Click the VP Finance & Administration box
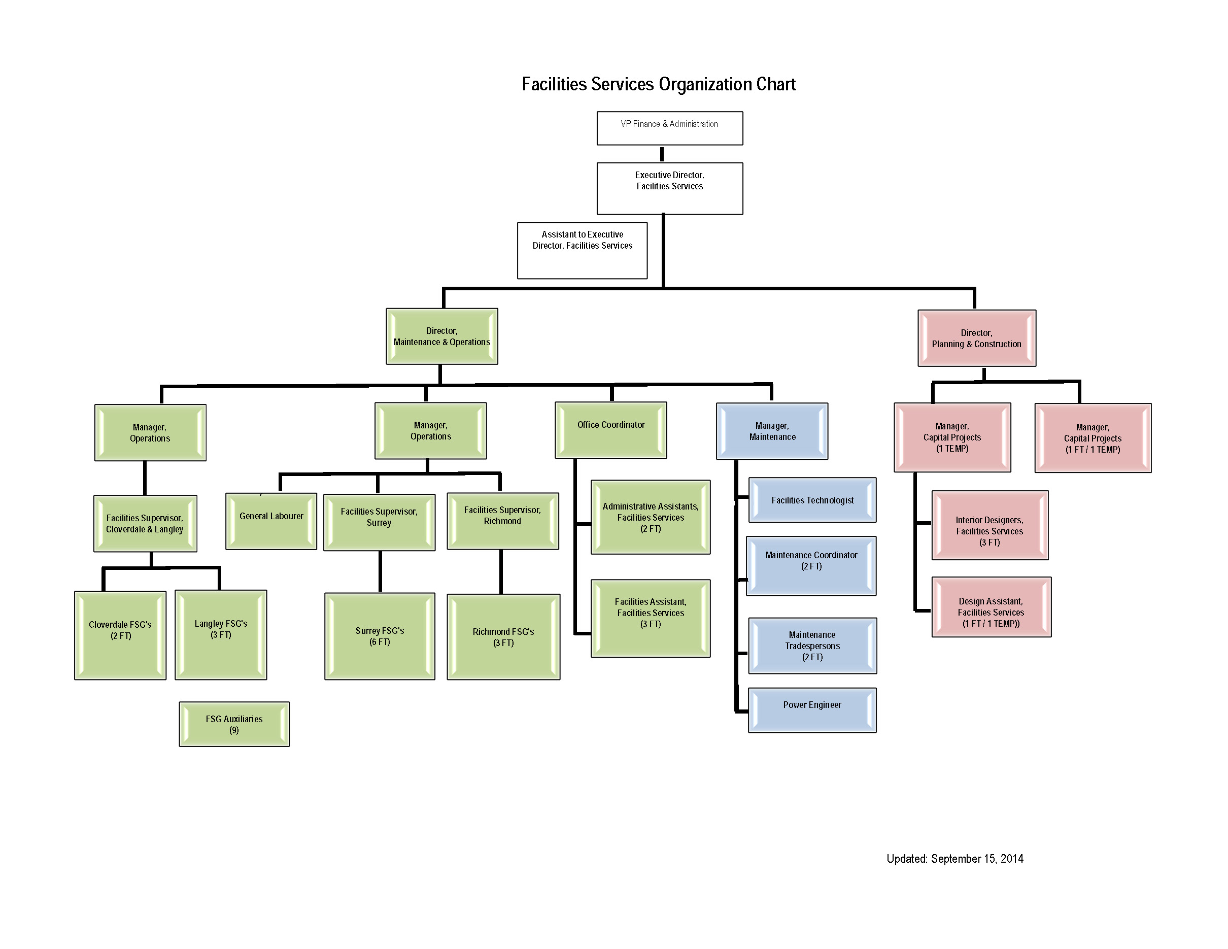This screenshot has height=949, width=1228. pyautogui.click(x=669, y=128)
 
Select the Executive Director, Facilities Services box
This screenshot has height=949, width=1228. pyautogui.click(x=669, y=188)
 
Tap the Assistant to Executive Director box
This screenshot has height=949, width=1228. pyautogui.click(x=582, y=250)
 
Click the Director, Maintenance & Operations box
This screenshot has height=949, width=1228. pyautogui.click(x=441, y=336)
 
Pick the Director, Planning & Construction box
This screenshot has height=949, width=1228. pyautogui.click(x=977, y=338)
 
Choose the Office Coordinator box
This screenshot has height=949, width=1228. pyautogui.click(x=610, y=430)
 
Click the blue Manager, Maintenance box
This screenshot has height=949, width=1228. pyautogui.click(x=772, y=431)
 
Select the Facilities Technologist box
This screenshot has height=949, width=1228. pyautogui.click(x=812, y=500)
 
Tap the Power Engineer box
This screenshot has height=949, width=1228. pyautogui.click(x=812, y=710)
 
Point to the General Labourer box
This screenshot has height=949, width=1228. pyautogui.click(x=271, y=521)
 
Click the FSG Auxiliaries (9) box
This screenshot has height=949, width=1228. pyautogui.click(x=234, y=724)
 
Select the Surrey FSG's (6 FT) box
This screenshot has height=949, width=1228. pyautogui.click(x=380, y=636)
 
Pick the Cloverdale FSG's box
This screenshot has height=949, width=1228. pyautogui.click(x=120, y=635)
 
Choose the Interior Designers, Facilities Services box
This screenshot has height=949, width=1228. pyautogui.click(x=990, y=525)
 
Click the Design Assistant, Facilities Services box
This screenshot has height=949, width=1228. pyautogui.click(x=992, y=607)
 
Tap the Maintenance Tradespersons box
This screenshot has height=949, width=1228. pyautogui.click(x=812, y=646)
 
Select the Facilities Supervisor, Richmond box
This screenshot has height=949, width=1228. pyautogui.click(x=503, y=521)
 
